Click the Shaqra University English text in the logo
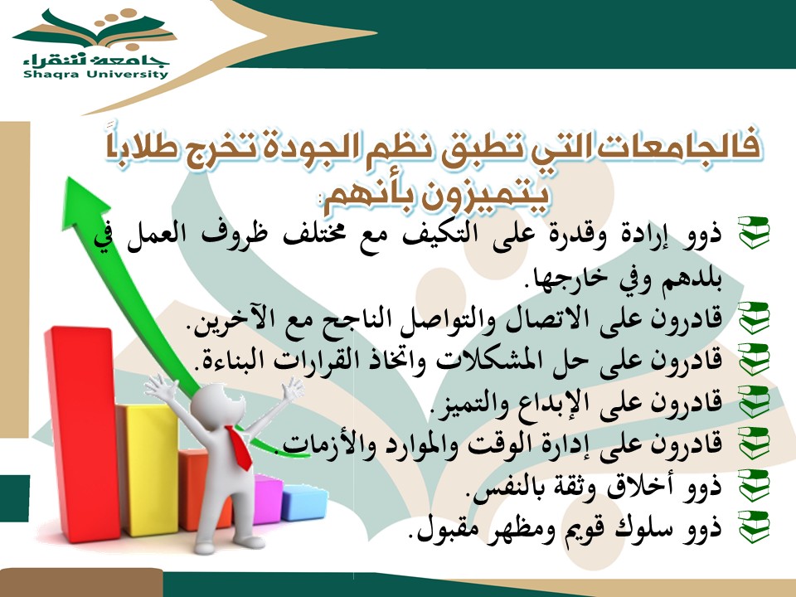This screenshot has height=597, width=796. [x=95, y=74]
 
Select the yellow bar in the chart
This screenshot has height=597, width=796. [x=148, y=469]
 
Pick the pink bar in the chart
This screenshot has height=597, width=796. [x=268, y=499]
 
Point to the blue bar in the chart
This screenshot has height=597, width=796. [x=304, y=502]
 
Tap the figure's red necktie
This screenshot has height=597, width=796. [x=240, y=448]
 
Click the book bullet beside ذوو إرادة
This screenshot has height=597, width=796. [x=755, y=232]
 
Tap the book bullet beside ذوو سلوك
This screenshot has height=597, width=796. [x=755, y=527]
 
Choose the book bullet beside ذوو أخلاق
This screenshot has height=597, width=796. [x=755, y=485]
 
